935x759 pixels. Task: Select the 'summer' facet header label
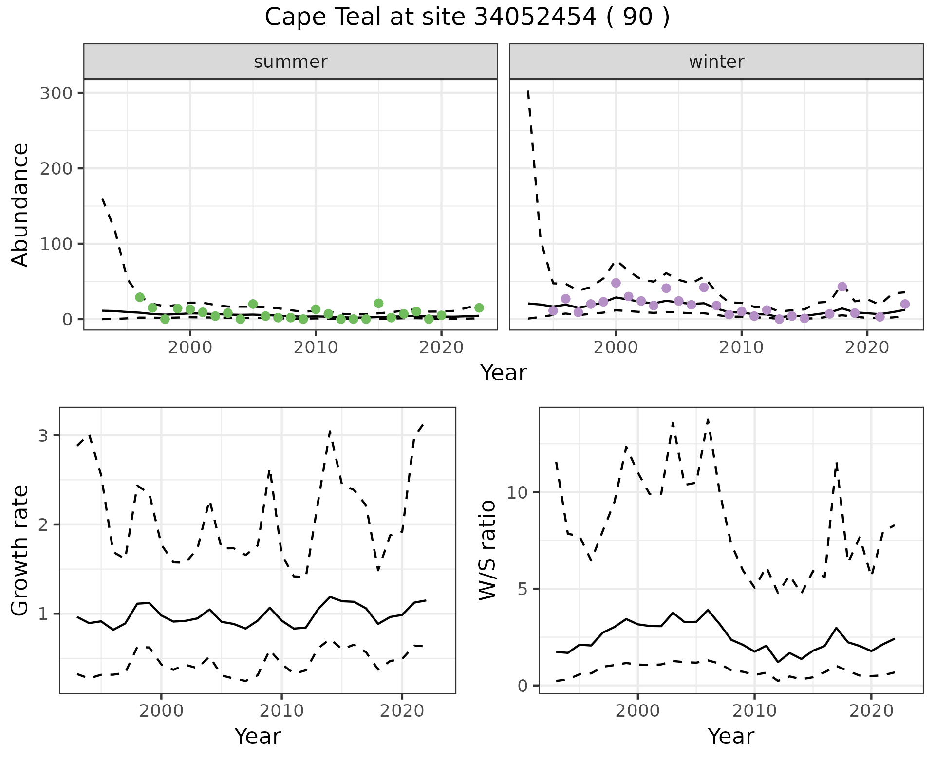pos(291,62)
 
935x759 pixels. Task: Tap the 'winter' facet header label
pos(716,62)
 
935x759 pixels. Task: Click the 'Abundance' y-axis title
pos(20,204)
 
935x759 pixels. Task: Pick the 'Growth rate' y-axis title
pos(20,550)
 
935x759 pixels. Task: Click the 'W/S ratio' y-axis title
pos(487,550)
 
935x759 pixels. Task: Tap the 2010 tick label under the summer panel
pos(316,348)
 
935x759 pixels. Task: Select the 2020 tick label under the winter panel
pos(867,348)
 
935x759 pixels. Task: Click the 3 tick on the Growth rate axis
pos(43,435)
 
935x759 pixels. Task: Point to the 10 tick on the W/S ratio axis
pos(517,492)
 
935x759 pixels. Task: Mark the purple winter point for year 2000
pos(616,283)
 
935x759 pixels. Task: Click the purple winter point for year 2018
pos(842,287)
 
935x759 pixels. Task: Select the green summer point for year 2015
pos(378,303)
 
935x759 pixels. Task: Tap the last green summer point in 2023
pos(479,307)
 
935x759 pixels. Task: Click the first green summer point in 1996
pos(140,297)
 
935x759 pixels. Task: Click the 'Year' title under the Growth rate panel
pos(258,736)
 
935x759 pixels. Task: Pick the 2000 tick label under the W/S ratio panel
pos(637,711)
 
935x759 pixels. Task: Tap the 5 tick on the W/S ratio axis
pos(522,589)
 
